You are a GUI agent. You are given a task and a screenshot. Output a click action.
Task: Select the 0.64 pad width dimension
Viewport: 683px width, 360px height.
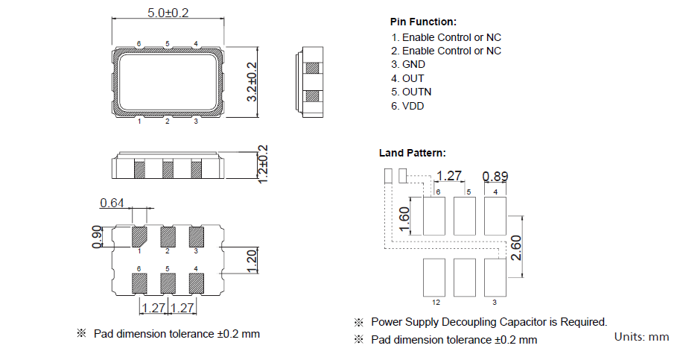[112, 203]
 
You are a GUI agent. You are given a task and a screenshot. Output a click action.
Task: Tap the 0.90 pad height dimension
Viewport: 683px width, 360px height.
[97, 237]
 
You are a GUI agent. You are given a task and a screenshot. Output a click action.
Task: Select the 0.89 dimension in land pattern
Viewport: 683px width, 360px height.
[496, 177]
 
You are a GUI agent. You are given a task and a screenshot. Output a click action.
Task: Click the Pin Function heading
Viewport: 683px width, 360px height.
[423, 22]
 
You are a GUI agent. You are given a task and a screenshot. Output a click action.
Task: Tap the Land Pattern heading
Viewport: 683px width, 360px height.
[413, 153]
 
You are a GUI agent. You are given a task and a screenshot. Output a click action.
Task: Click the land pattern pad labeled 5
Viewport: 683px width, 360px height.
[465, 215]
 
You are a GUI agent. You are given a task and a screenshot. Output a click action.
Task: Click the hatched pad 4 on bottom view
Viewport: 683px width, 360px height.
[197, 282]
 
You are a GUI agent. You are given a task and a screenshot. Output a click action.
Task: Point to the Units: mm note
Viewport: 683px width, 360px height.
[641, 337]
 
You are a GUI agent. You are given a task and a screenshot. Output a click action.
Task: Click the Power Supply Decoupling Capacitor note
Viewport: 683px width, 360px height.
[489, 322]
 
